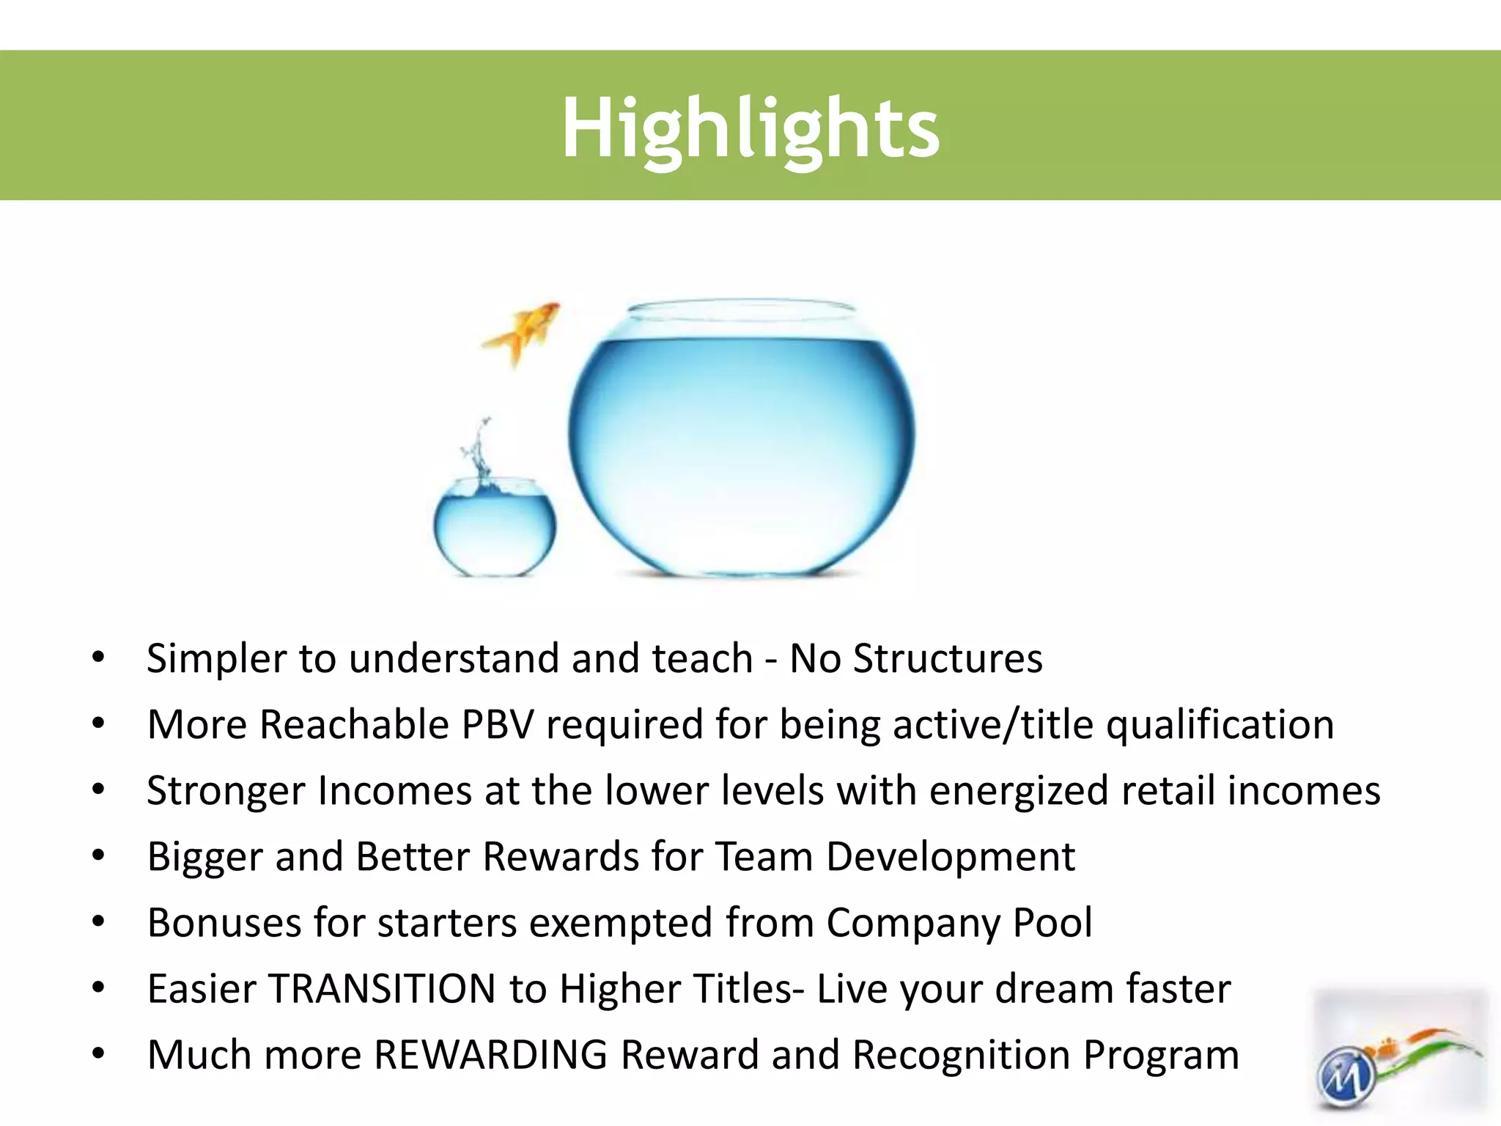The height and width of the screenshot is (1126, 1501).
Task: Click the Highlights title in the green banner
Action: click(750, 129)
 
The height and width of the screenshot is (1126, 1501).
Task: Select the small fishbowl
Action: click(495, 526)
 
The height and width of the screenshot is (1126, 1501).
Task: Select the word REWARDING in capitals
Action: click(490, 1055)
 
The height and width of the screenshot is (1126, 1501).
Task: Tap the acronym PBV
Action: click(497, 725)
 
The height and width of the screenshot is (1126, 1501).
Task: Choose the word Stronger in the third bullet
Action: click(225, 791)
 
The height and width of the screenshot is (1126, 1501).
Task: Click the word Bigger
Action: click(204, 857)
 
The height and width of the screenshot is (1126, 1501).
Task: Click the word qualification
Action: click(1220, 725)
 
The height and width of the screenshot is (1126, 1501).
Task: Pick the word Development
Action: click(950, 857)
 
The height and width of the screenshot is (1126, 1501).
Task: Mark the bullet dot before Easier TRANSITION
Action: click(98, 989)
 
